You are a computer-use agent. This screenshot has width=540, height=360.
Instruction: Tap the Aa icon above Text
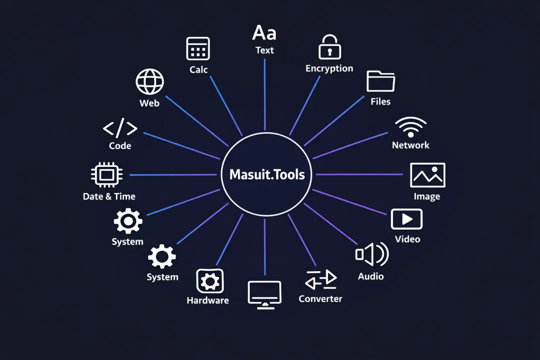coord(264,33)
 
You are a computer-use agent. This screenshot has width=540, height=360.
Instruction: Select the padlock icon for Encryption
coord(329,47)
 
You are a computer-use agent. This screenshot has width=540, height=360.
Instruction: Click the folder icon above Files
coord(380,81)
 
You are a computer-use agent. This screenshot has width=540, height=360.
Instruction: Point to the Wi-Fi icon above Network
coord(410,127)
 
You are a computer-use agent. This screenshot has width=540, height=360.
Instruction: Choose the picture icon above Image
coord(427,175)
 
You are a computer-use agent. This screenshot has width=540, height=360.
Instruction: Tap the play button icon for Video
coord(406,219)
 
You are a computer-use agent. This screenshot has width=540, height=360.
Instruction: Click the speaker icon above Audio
coord(371,254)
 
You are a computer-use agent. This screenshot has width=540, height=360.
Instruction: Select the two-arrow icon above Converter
coord(320,280)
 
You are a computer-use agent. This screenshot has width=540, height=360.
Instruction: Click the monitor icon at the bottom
coord(264,294)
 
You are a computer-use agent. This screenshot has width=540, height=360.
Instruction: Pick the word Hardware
coord(207,300)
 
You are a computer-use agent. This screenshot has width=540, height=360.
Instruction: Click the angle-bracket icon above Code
coord(120,129)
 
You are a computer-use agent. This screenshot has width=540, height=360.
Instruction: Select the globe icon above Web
coord(149,81)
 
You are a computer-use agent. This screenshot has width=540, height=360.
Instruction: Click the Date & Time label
coord(109,196)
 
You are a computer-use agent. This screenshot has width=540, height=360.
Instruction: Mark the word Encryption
coord(329,68)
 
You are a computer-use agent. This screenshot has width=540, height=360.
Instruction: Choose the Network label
coord(410,145)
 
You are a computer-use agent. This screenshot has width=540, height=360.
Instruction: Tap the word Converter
coord(320,299)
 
